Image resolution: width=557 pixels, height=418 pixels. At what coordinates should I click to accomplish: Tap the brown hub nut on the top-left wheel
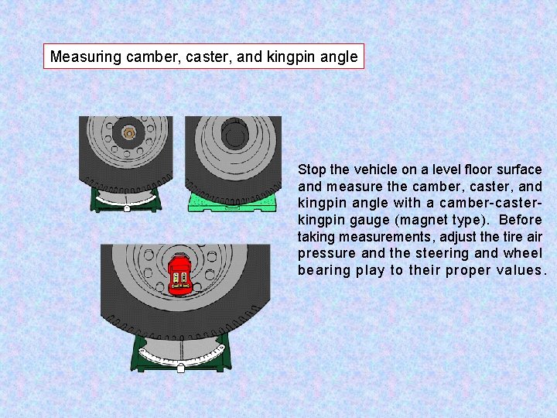[x=129, y=133]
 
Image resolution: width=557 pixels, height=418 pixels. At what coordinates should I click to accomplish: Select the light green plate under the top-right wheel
[x=232, y=202]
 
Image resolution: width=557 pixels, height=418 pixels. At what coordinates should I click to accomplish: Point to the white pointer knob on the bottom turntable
[x=180, y=368]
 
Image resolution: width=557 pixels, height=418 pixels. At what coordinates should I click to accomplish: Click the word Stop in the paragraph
[x=312, y=170]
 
